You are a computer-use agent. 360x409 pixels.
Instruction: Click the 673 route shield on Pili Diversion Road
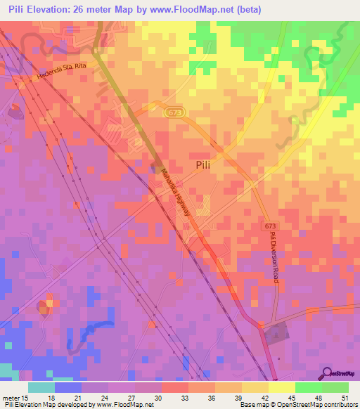[271, 227]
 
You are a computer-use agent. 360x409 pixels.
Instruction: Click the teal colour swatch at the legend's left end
[41, 388]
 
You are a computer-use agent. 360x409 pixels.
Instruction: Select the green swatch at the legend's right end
[335, 388]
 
